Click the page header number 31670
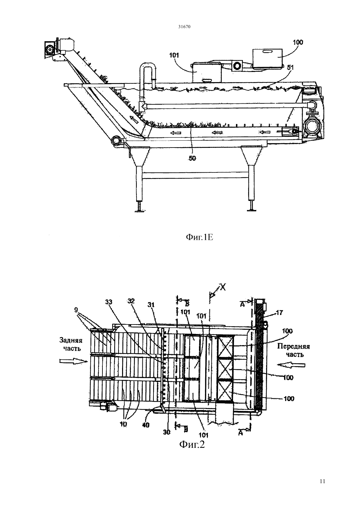point(184,27)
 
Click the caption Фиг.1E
point(199,238)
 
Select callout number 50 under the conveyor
point(192,158)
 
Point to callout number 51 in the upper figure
point(290,68)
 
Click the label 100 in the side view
point(298,42)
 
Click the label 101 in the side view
point(174,55)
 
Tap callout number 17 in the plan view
point(279,313)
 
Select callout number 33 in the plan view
point(109,302)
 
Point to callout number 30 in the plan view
point(167,432)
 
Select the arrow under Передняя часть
point(291,365)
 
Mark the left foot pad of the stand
point(139,211)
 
